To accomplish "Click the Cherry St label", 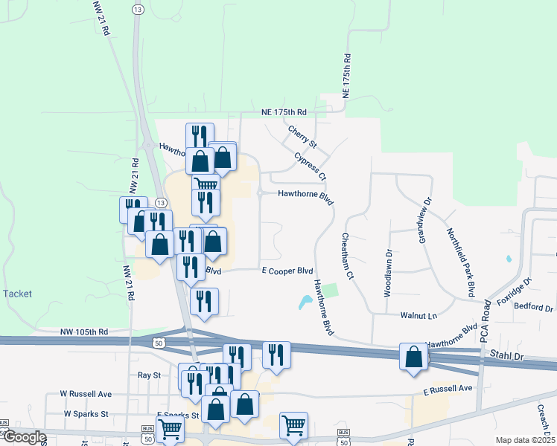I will click(303, 135).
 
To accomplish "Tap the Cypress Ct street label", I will click(311, 167).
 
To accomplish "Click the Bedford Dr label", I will click(534, 308).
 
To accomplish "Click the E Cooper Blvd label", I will click(287, 271).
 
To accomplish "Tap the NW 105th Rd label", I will click(83, 332).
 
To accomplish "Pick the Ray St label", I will click(150, 375).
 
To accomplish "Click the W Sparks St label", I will click(86, 413).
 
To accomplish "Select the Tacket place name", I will click(17, 294).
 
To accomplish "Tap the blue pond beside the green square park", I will click(306, 303).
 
